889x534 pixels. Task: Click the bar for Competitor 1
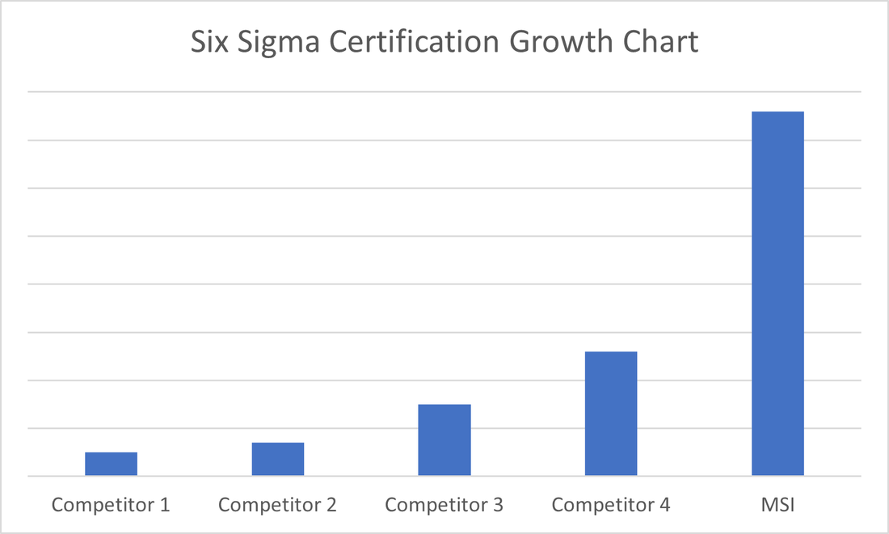111,464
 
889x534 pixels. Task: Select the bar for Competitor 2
277,459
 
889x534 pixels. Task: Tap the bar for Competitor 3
444,439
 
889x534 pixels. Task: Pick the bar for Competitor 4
611,414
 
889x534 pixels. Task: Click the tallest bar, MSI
777,293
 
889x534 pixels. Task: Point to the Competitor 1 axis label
111,506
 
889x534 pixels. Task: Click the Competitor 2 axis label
277,506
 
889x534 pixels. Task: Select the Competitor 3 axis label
444,506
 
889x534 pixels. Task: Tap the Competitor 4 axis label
611,506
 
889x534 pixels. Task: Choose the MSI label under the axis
777,506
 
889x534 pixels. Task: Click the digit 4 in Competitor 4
664,506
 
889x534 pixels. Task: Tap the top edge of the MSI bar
777,112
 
